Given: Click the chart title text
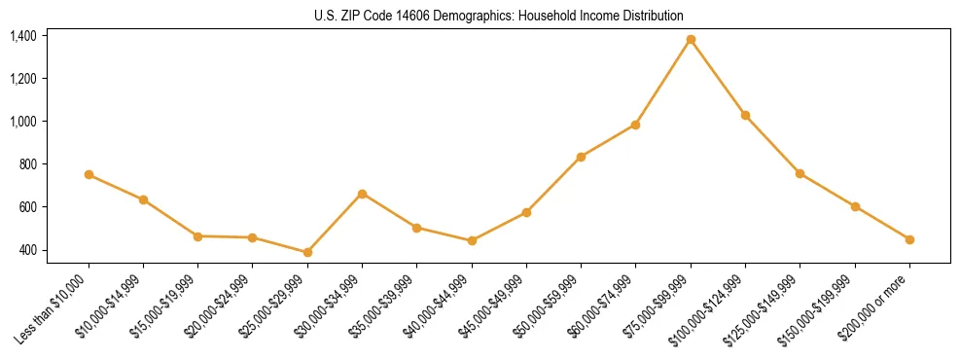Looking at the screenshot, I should point(499,16).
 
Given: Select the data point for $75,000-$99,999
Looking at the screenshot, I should point(691,39).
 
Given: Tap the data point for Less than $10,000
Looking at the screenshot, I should point(89,174).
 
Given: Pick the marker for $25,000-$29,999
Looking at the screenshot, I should point(307,252).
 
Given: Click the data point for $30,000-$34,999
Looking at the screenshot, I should point(362,194).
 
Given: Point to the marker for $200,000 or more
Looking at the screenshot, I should point(909,239).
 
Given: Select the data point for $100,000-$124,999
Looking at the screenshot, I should point(745,115).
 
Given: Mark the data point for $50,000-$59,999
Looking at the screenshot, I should point(581,157).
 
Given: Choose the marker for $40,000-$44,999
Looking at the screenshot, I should point(472,240).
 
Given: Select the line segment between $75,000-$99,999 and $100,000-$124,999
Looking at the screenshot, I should point(718,77).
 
